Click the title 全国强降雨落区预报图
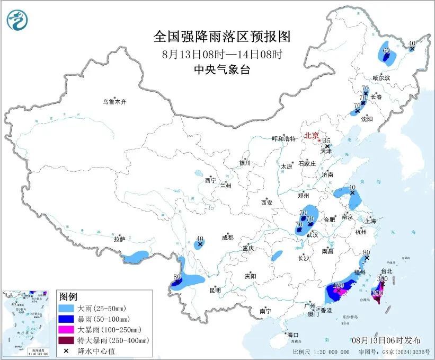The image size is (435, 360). (222, 37)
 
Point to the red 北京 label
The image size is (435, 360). (311, 136)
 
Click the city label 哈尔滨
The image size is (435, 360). (380, 78)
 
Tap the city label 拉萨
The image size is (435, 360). (119, 239)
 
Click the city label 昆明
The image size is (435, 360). (215, 290)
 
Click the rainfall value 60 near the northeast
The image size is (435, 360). (386, 51)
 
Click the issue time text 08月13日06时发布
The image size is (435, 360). (386, 340)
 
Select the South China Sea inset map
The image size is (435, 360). (27, 322)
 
